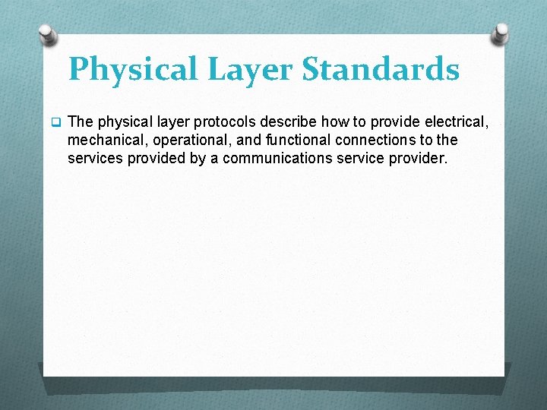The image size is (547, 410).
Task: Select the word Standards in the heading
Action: point(381,70)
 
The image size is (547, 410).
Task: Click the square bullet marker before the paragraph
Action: point(55,121)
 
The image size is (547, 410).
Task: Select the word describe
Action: point(293,121)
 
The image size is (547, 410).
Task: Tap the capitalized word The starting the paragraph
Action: point(81,121)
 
